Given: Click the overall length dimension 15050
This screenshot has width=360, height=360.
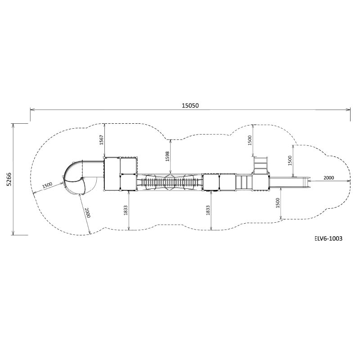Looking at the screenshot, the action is (190, 106).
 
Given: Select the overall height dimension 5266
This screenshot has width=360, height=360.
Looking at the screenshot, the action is (9, 179).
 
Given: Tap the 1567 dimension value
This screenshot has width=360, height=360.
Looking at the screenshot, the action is (102, 140).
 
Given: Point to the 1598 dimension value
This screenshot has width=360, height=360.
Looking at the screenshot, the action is (167, 156).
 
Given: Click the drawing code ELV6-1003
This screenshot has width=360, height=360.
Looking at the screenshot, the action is (328, 238).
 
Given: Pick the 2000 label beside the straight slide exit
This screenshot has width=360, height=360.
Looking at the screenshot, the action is (329, 177).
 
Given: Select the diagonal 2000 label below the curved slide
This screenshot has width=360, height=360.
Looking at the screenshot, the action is (88, 213).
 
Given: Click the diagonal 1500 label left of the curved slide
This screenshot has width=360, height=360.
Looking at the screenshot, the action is (47, 185).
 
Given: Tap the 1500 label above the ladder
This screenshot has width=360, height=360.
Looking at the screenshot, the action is (250, 140).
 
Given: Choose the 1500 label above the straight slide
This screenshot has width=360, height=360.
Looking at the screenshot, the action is (290, 161).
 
